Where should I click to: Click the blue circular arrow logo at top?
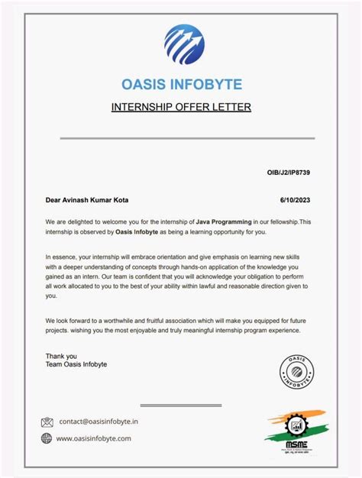[183, 44]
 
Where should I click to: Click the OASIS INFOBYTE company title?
[181, 83]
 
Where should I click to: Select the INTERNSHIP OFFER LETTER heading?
[181, 107]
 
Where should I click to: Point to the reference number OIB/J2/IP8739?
[288, 173]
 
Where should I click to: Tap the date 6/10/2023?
[296, 200]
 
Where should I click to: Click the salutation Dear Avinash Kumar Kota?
[87, 200]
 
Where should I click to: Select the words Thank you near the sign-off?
[61, 355]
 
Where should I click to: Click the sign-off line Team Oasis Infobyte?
[76, 364]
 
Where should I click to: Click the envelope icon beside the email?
[47, 421]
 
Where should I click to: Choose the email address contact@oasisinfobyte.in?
[99, 421]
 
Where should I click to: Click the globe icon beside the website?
[47, 438]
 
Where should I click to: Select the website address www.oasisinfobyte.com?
[95, 438]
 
